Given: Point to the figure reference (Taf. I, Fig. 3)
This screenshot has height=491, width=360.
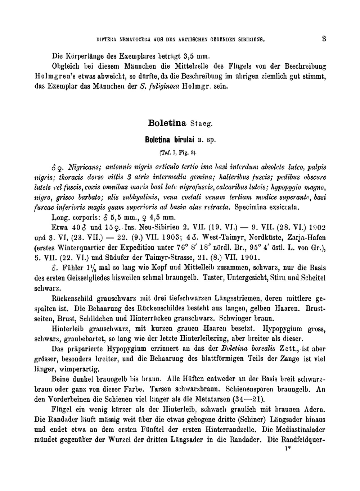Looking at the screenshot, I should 178,153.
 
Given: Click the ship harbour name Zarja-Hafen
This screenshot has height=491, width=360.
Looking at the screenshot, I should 305,238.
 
